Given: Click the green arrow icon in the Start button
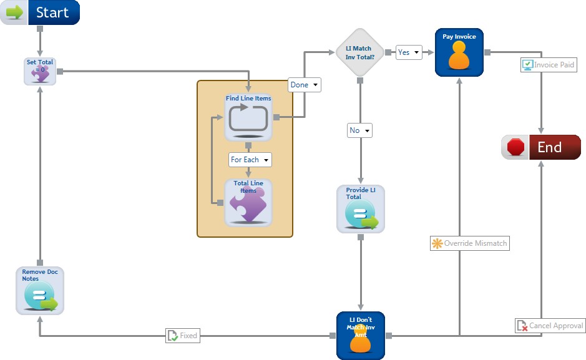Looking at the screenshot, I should pos(15,12).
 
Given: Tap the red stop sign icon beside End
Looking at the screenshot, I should pos(515,147).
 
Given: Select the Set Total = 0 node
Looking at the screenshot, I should pos(40,71).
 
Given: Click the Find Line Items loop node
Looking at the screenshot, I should pos(248,117).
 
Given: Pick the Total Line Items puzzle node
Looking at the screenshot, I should pos(248,202).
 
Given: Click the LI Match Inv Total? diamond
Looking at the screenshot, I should pos(360,52).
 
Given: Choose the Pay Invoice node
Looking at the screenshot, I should pos(459,52).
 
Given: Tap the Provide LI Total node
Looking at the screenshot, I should pos(361,209).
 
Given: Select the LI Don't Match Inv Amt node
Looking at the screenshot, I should pos(360,336).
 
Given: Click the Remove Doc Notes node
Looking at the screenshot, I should pos(40,290).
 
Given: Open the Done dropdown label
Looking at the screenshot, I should pos(305,85).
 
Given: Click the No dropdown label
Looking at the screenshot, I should pos(360,130).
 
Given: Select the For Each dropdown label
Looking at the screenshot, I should pos(250,160).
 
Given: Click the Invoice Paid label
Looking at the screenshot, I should pos(548,64).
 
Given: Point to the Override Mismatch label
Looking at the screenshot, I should pos(470,243).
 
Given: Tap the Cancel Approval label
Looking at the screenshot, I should pos(550,326).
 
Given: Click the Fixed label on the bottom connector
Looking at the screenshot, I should pos(182,336).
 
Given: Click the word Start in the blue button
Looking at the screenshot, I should pos(52,12).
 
